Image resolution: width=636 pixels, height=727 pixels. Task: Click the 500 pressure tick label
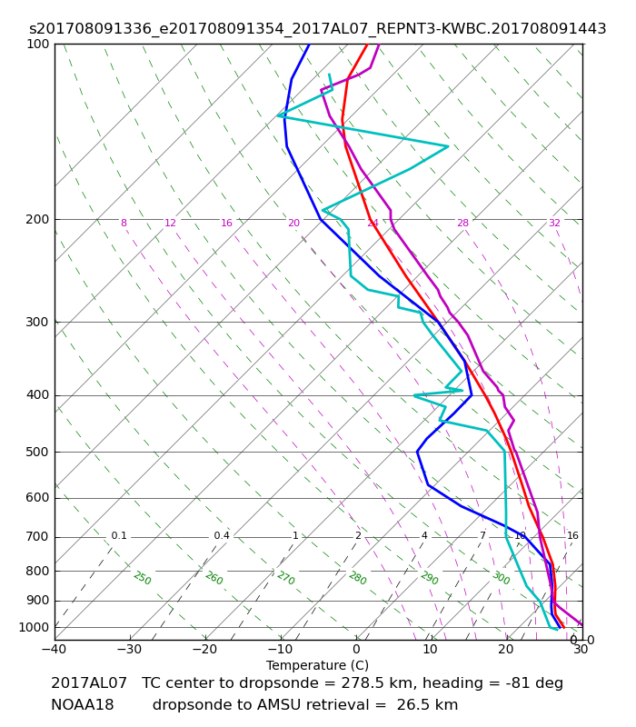[x=37, y=453]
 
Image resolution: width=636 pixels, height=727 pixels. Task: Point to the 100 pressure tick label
[x=37, y=45]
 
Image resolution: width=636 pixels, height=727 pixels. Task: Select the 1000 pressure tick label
[x=34, y=628]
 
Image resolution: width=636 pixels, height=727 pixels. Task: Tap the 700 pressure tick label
[x=37, y=537]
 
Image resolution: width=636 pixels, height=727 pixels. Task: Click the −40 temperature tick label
[x=54, y=650]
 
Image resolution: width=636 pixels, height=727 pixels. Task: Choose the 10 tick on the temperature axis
[x=431, y=650]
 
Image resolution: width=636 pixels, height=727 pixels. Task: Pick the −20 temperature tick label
[x=204, y=650]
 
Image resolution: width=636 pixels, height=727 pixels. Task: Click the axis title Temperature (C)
[x=318, y=665]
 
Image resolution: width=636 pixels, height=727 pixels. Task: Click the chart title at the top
[x=318, y=29]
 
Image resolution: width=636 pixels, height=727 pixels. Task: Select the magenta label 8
[x=124, y=224]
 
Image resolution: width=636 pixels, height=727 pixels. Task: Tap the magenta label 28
[x=462, y=224]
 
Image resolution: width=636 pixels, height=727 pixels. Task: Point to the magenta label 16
[x=226, y=224]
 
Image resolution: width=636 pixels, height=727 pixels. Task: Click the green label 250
[x=142, y=578]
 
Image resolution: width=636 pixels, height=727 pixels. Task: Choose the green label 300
[x=501, y=578]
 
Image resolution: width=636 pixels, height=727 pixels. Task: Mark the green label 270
[x=285, y=578]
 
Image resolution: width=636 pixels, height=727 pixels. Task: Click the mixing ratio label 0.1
[x=119, y=536]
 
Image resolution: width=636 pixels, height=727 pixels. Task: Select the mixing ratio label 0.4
[x=222, y=536]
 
